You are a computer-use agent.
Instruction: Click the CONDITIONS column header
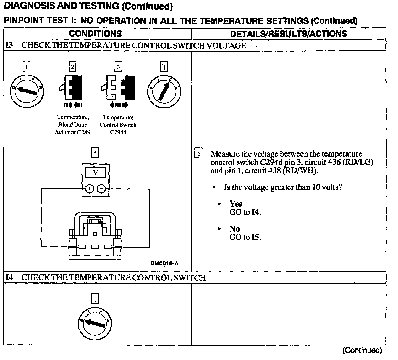[x=95, y=34]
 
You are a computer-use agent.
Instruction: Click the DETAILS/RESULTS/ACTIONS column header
[x=288, y=34]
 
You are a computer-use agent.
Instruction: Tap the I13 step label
[x=9, y=45]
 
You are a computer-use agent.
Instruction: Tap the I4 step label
[x=9, y=277]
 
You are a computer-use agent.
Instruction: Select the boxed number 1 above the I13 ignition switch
[x=26, y=67]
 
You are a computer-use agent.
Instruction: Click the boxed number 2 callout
[x=72, y=67]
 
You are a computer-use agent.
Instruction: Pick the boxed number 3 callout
[x=118, y=67]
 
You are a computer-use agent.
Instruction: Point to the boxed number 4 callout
[x=164, y=67]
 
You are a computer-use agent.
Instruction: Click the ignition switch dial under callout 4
[x=164, y=91]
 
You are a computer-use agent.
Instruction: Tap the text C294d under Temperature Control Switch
[x=118, y=132]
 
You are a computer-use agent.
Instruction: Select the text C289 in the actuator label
[x=83, y=132]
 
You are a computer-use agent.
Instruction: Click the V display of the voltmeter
[x=95, y=173]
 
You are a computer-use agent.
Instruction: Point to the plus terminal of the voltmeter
[x=89, y=189]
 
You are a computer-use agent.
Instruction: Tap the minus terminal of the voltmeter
[x=102, y=189]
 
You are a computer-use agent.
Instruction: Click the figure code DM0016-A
[x=164, y=263]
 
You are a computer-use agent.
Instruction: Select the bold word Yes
[x=235, y=204]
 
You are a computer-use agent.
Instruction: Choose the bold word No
[x=234, y=229]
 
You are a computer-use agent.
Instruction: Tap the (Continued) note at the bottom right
[x=362, y=350]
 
